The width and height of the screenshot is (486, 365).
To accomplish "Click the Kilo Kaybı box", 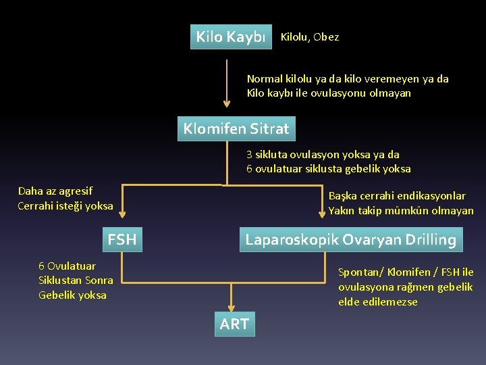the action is click(x=230, y=37).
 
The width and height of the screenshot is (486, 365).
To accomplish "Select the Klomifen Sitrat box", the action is click(x=236, y=128).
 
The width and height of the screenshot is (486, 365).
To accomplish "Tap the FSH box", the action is click(x=122, y=239).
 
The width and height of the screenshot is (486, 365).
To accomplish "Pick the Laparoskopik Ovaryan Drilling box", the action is click(x=350, y=239).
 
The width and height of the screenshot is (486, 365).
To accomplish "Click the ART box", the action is click(x=234, y=324).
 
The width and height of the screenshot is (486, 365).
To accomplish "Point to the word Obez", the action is click(x=326, y=37).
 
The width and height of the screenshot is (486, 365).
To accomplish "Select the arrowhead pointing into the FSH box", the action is click(x=122, y=215).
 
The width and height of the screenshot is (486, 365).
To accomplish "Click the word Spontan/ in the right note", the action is click(x=357, y=272).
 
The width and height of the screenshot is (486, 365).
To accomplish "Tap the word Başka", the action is click(x=343, y=196).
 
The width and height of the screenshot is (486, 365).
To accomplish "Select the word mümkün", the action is click(x=407, y=211).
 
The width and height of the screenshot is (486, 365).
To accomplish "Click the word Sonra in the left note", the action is click(x=99, y=281).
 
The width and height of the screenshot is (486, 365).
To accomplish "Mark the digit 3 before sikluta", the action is click(x=249, y=154).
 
